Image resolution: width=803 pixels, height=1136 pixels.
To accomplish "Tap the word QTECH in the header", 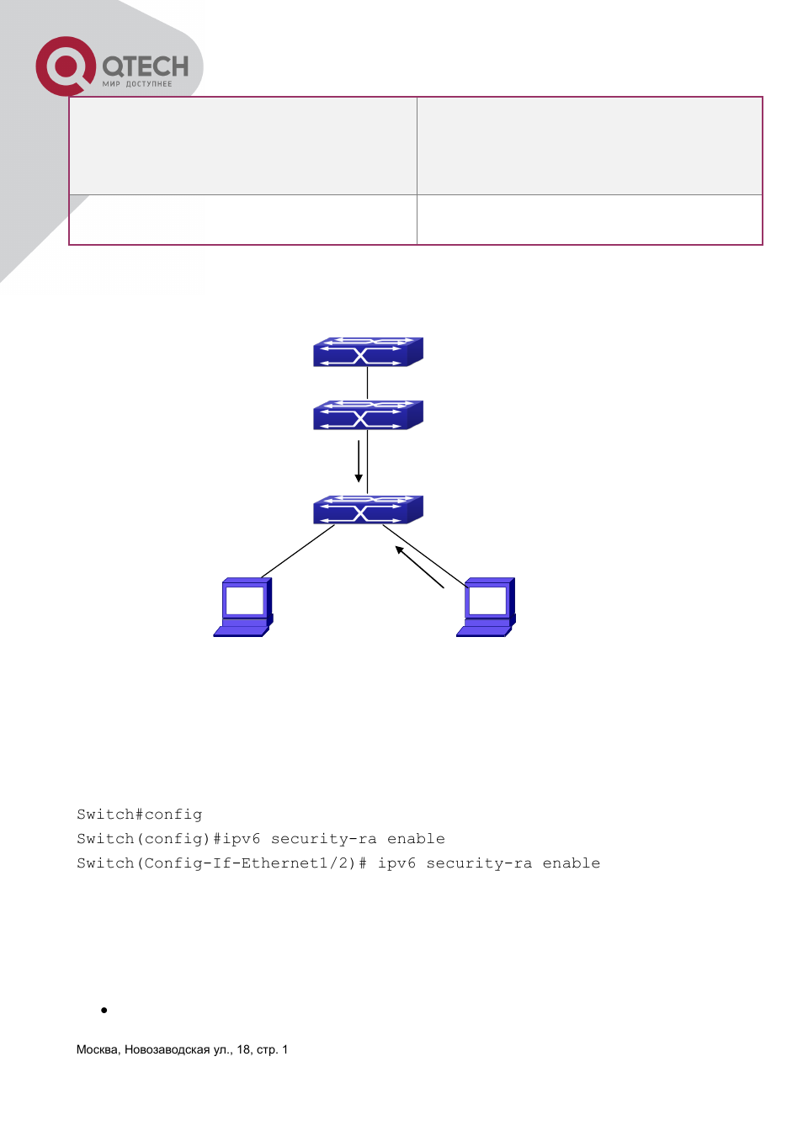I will pyautogui.click(x=146, y=66).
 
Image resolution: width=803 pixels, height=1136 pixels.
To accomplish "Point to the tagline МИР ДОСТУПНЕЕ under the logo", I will pyautogui.click(x=137, y=84).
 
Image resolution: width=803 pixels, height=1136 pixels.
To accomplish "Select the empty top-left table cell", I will pyautogui.click(x=242, y=146).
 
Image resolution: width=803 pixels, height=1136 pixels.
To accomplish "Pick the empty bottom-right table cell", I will pyautogui.click(x=589, y=220).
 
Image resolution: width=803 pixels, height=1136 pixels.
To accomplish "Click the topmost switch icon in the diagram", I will pyautogui.click(x=368, y=352).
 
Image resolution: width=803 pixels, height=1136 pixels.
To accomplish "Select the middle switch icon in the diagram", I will pyautogui.click(x=368, y=415).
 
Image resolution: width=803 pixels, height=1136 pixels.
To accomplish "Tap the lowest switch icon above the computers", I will pyautogui.click(x=368, y=510).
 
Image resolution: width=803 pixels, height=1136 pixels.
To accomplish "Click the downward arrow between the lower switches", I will pyautogui.click(x=359, y=461).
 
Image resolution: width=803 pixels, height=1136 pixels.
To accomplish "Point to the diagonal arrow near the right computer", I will pyautogui.click(x=419, y=566).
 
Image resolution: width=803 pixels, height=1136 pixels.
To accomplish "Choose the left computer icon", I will pyautogui.click(x=243, y=608).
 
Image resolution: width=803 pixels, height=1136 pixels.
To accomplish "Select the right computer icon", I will pyautogui.click(x=486, y=608).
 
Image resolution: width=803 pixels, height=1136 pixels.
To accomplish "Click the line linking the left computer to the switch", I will pyautogui.click(x=298, y=551).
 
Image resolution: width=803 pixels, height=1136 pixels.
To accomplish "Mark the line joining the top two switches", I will pyautogui.click(x=368, y=384).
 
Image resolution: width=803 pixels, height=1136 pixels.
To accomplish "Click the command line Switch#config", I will pyautogui.click(x=139, y=815).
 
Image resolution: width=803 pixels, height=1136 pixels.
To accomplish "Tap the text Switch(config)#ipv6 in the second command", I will pyautogui.click(x=168, y=839).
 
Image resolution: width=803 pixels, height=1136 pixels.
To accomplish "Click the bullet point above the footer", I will pyautogui.click(x=104, y=1010).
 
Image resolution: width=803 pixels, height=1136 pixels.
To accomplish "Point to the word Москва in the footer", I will pyautogui.click(x=98, y=1049).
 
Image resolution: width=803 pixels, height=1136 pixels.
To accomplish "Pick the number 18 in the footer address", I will pyautogui.click(x=243, y=1049).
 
